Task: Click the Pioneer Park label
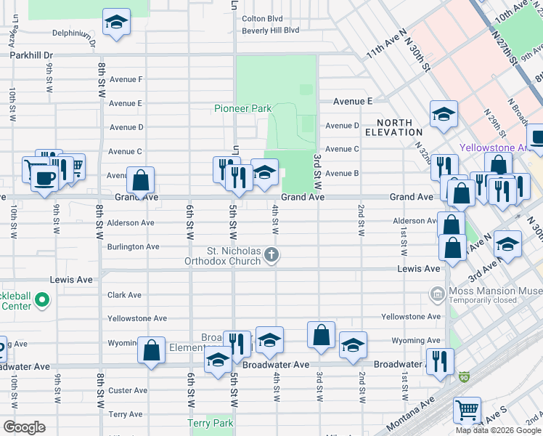tap(242, 109)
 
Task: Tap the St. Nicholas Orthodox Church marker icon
tap(271, 254)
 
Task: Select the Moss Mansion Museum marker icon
tap(437, 294)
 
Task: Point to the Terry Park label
tap(211, 423)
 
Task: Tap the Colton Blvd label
tap(261, 19)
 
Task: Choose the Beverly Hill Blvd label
tap(271, 31)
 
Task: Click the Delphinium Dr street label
tap(74, 33)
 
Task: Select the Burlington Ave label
tap(133, 247)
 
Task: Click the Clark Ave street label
tap(124, 295)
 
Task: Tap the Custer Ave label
tap(127, 391)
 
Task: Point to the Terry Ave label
tap(125, 414)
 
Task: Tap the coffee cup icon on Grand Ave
tap(45, 177)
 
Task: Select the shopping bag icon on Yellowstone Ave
tap(321, 334)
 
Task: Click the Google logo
tap(25, 427)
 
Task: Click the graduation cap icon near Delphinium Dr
tap(115, 22)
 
